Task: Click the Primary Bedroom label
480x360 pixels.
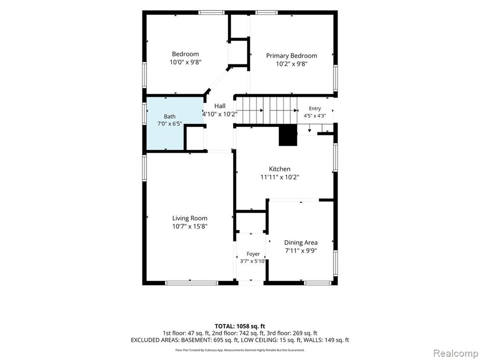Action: tap(292, 56)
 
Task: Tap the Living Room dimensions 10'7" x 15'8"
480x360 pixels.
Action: tap(190, 226)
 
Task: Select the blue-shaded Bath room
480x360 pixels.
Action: tap(175, 123)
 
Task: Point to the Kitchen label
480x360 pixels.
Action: tap(279, 169)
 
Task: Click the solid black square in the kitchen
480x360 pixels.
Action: tap(288, 135)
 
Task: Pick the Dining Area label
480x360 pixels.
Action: tap(300, 242)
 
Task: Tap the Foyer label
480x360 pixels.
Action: tap(253, 254)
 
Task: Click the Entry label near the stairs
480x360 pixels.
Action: tap(315, 108)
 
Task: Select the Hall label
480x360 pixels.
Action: tap(220, 106)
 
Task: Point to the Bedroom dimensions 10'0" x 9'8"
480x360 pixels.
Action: tap(186, 62)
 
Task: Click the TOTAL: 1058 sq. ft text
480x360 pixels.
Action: tap(240, 326)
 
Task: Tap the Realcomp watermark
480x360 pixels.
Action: tap(455, 353)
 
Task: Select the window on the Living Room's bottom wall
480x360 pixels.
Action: tap(192, 283)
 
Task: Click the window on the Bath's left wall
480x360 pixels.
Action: tap(144, 114)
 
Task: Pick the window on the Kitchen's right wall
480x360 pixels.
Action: tap(336, 157)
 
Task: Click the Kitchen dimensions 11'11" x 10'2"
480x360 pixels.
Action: tap(279, 177)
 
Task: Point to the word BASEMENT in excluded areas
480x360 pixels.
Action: tap(196, 340)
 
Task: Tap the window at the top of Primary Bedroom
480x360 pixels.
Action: tap(267, 13)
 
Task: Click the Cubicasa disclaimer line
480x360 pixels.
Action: tap(240, 350)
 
